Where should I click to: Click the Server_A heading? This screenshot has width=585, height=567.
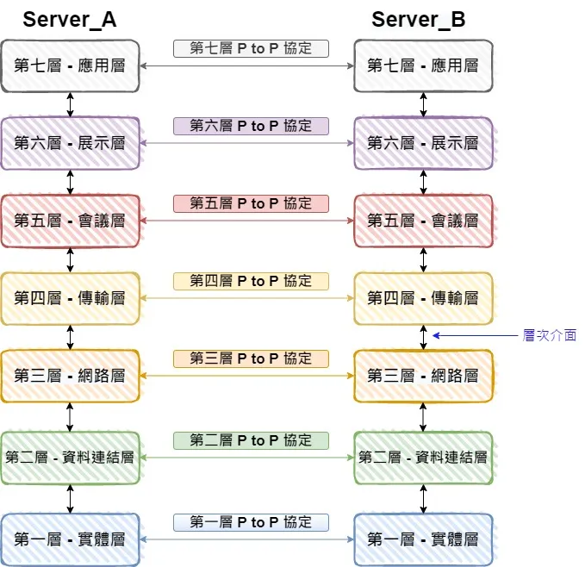coord(70,20)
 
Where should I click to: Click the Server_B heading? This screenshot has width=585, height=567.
coord(419,20)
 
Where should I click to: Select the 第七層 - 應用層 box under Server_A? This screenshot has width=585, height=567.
coord(70,65)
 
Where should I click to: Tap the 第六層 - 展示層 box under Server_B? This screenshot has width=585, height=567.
coord(423,143)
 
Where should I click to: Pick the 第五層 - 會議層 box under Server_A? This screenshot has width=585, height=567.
coord(70,221)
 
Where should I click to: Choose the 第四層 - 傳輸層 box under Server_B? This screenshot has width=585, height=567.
coord(423,298)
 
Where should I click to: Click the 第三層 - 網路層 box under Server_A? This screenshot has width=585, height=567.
coord(70,376)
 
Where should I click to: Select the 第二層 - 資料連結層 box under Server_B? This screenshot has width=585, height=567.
coord(423,458)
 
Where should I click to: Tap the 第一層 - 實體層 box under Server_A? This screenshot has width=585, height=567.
coord(70,539)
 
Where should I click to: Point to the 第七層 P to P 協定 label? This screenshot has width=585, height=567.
coord(251,48)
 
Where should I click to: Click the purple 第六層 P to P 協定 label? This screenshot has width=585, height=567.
coord(251,126)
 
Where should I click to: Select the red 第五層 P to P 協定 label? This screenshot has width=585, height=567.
coord(251,203)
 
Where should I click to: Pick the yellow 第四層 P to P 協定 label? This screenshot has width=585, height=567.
coord(251,281)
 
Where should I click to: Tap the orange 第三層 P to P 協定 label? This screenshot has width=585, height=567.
coord(251,358)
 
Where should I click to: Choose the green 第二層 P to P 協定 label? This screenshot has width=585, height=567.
coord(251,440)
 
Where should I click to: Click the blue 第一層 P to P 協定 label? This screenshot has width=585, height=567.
coord(251,522)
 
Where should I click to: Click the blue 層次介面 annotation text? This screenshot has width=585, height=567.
coord(550,336)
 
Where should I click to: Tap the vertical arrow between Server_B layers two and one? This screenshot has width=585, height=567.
coord(423,499)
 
